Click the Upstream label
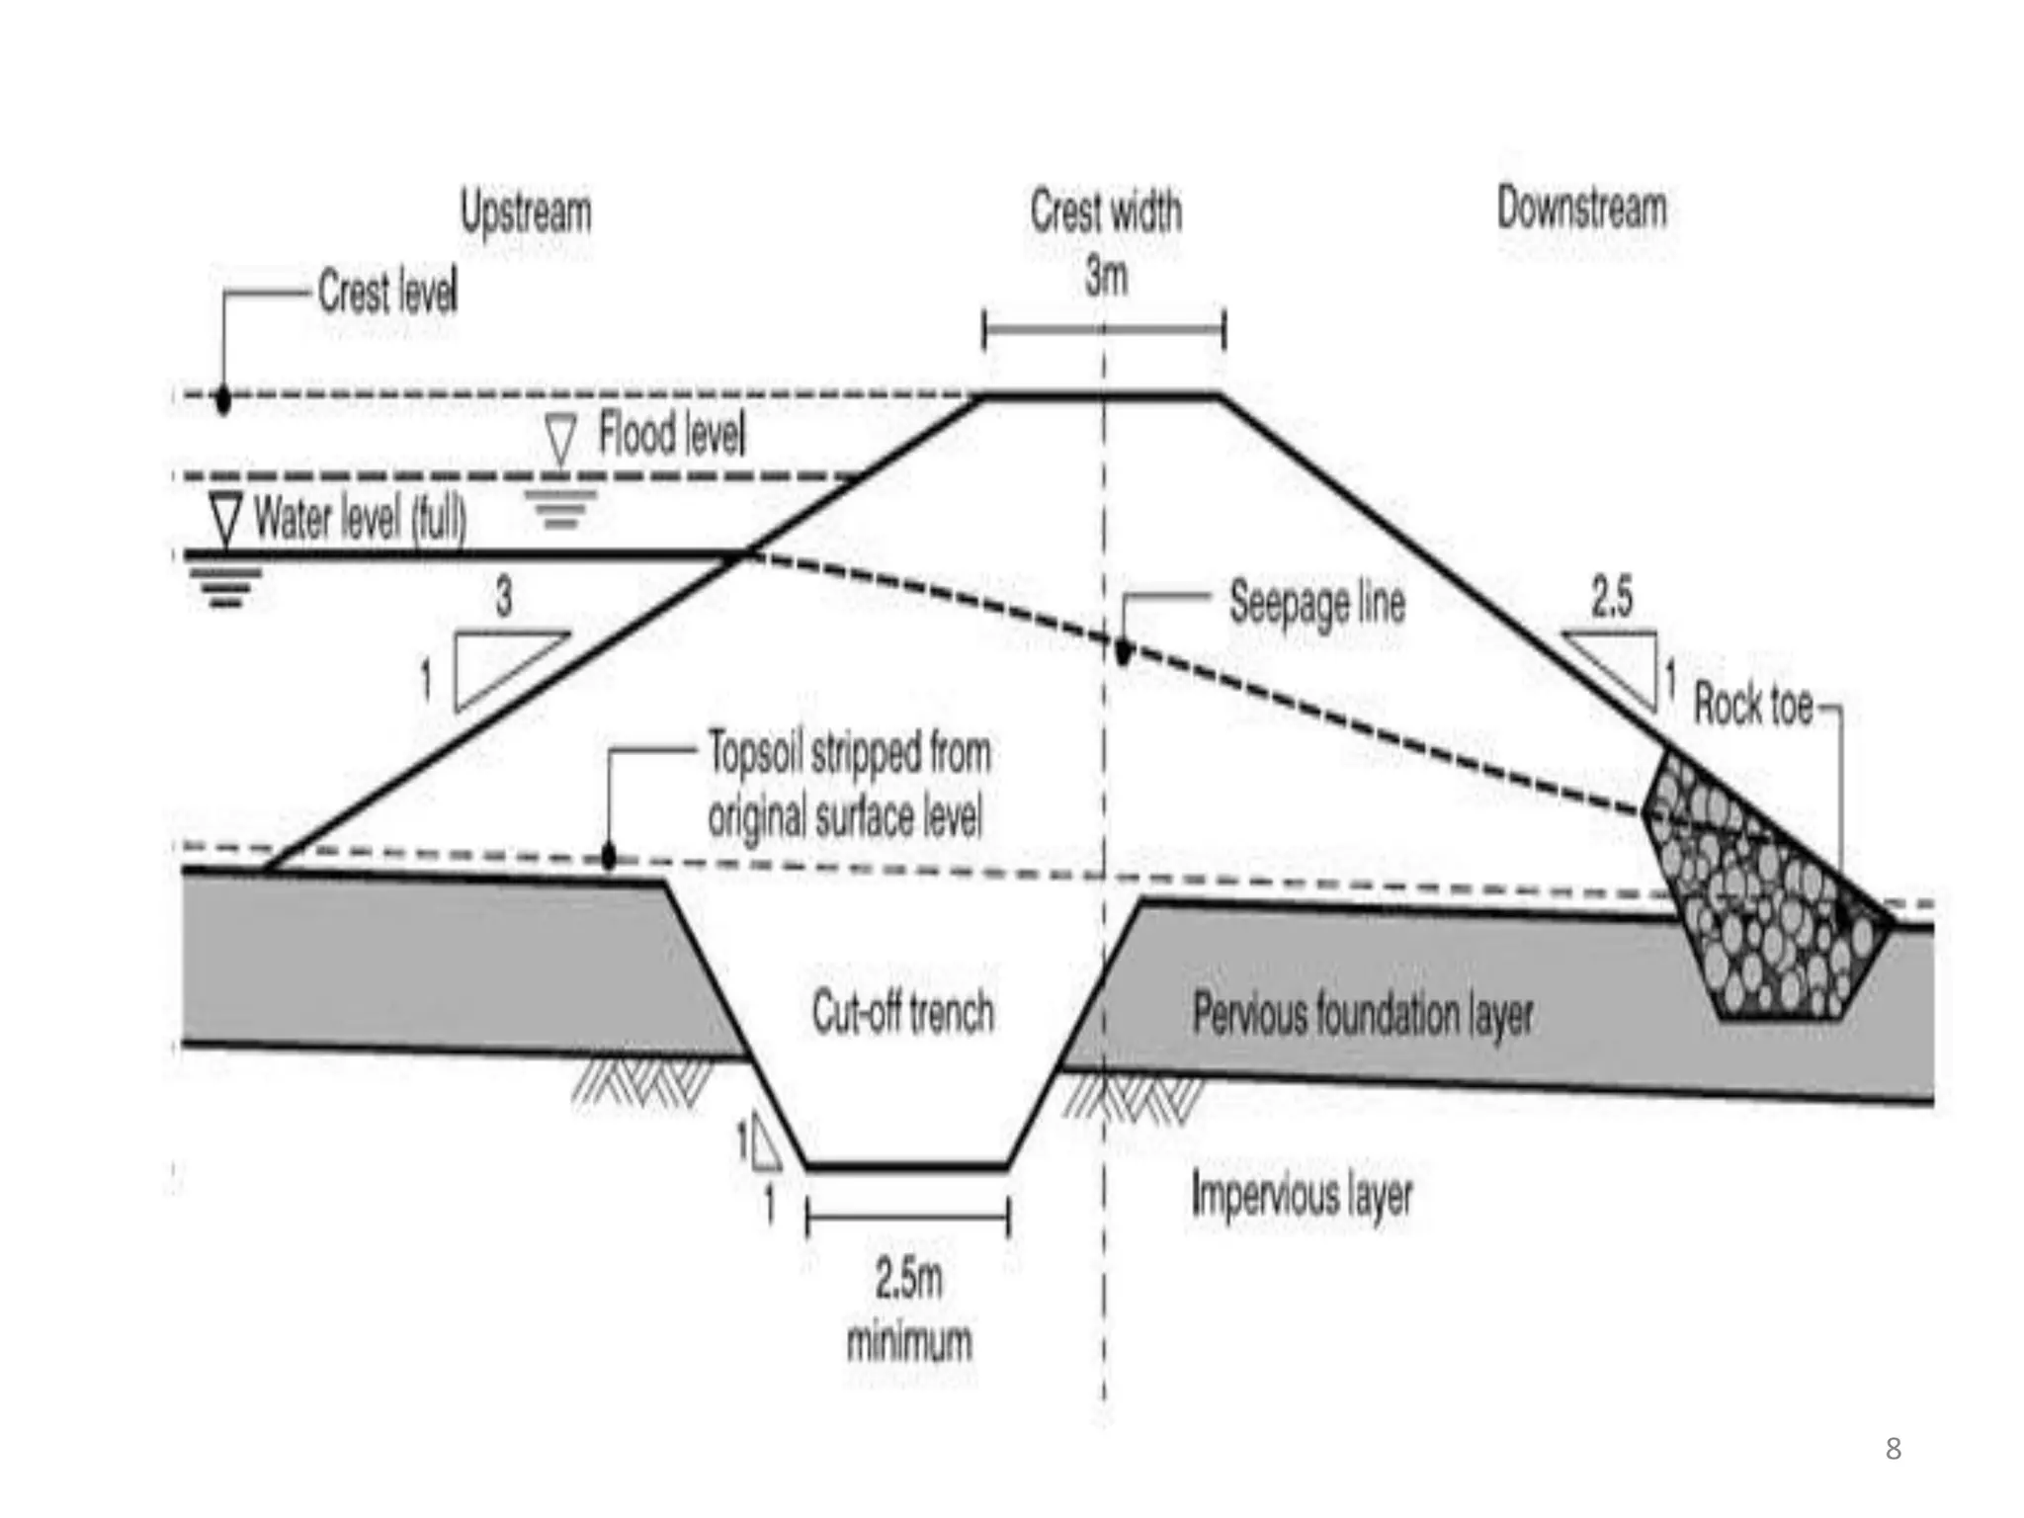click(526, 212)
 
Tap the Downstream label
click(1581, 209)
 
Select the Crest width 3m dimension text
click(1105, 243)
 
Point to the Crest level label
click(387, 293)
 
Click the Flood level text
click(672, 435)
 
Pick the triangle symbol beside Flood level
click(560, 438)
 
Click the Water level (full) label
click(360, 517)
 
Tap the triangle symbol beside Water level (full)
click(226, 516)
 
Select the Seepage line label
click(1316, 602)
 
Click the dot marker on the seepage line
click(1123, 651)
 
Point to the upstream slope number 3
click(504, 597)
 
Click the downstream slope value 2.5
click(1612, 596)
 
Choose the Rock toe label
click(1753, 705)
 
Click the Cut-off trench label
click(902, 1013)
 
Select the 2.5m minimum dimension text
click(908, 1309)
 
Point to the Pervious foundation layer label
click(1363, 1015)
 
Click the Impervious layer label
click(1302, 1196)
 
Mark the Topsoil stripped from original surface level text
click(848, 785)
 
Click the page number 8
click(1893, 1449)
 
